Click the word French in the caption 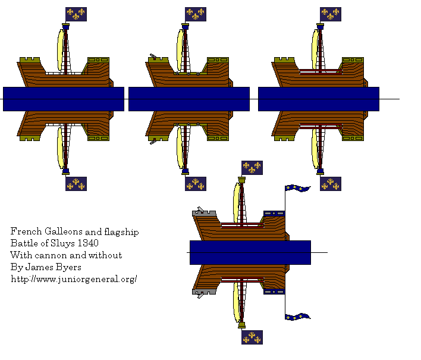click(26, 231)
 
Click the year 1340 click(88, 243)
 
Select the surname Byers click(69, 267)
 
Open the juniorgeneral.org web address click(74, 279)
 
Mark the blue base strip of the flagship click(250, 252)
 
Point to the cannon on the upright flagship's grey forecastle click(200, 209)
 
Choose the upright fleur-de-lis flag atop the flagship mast click(252, 168)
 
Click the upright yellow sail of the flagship click(237, 203)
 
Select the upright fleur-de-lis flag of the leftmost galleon click(76, 14)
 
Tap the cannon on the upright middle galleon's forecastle click(153, 57)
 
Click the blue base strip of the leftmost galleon click(64, 99)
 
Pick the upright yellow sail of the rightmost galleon click(315, 49)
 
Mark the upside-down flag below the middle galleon click(196, 184)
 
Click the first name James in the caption click(39, 267)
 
